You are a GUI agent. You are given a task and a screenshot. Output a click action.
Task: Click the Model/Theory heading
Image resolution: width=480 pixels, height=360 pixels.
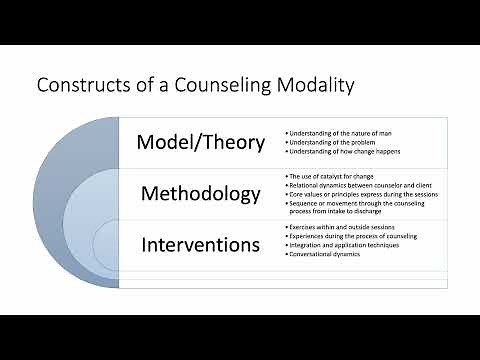click(x=201, y=142)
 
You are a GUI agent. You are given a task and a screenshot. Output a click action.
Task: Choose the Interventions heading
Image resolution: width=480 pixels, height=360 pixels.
click(x=201, y=243)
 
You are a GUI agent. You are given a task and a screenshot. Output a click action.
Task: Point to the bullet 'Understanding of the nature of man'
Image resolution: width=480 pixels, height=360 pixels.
click(x=336, y=132)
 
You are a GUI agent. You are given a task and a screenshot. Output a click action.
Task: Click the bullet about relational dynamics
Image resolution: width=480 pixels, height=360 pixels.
click(x=350, y=185)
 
